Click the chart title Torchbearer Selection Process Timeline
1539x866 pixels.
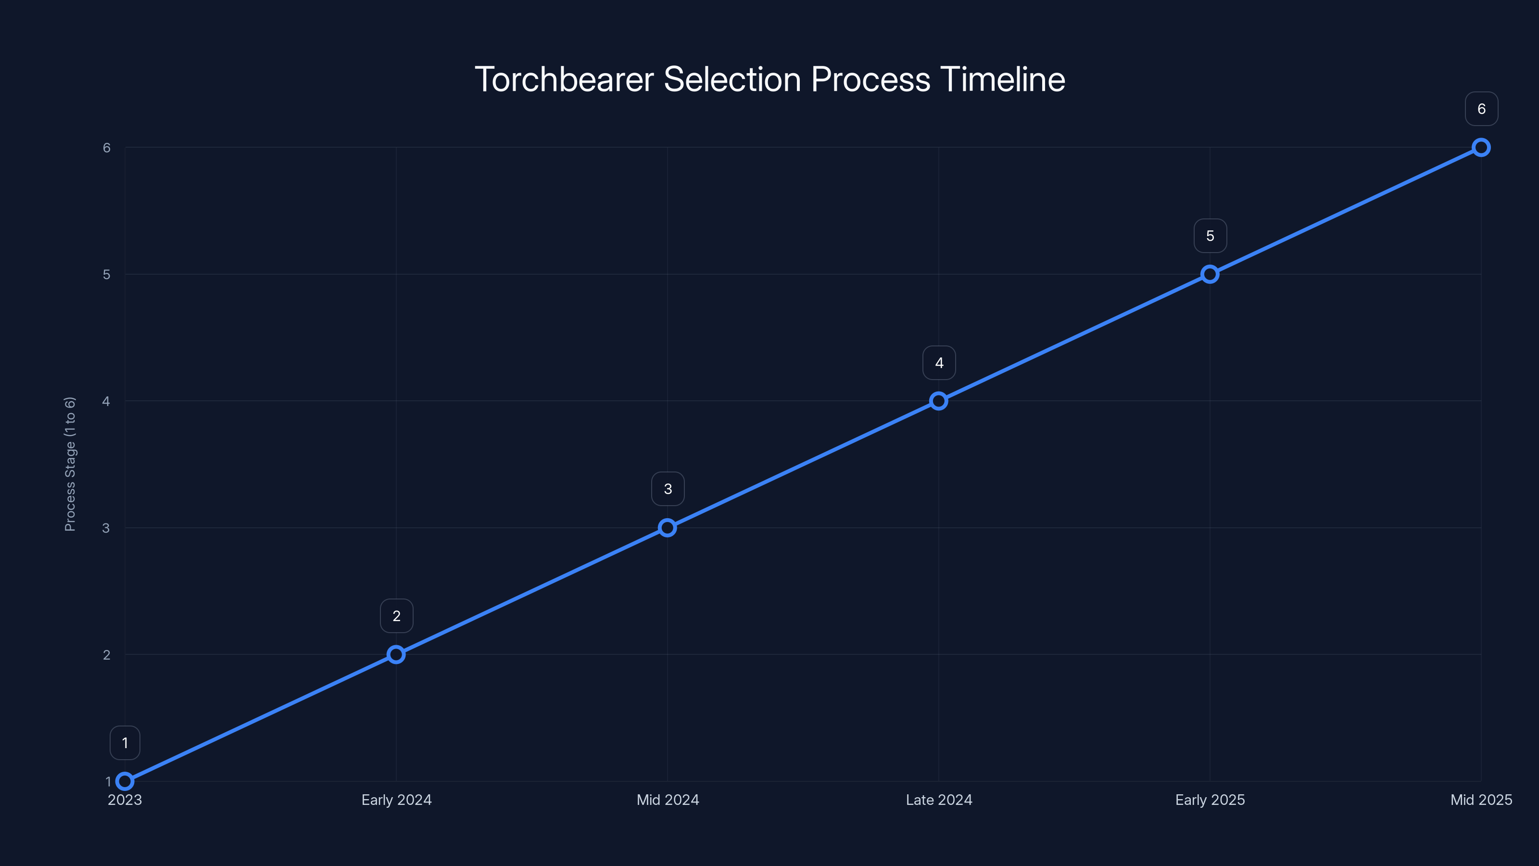click(x=769, y=79)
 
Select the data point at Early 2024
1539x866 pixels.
click(x=396, y=654)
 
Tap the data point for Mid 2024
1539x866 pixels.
click(x=668, y=528)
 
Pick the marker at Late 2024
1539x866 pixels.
click(x=939, y=401)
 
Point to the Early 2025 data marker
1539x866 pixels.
click(x=1210, y=274)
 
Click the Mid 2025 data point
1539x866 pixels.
click(x=1481, y=148)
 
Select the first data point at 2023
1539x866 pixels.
click(x=125, y=781)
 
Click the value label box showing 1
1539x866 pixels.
click(x=125, y=743)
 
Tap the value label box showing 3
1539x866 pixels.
click(x=668, y=489)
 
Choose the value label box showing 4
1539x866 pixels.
click(x=939, y=363)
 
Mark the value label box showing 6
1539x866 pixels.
click(x=1482, y=109)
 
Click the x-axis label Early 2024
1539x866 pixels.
click(x=396, y=800)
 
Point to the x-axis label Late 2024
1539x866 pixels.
click(x=939, y=800)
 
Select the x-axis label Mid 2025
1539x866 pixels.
click(x=1481, y=800)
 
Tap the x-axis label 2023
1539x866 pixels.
click(x=125, y=800)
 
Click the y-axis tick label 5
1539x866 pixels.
click(x=107, y=274)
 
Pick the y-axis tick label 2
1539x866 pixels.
click(x=107, y=655)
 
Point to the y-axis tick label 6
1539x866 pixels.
click(x=107, y=148)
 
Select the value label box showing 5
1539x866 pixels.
click(x=1211, y=236)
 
